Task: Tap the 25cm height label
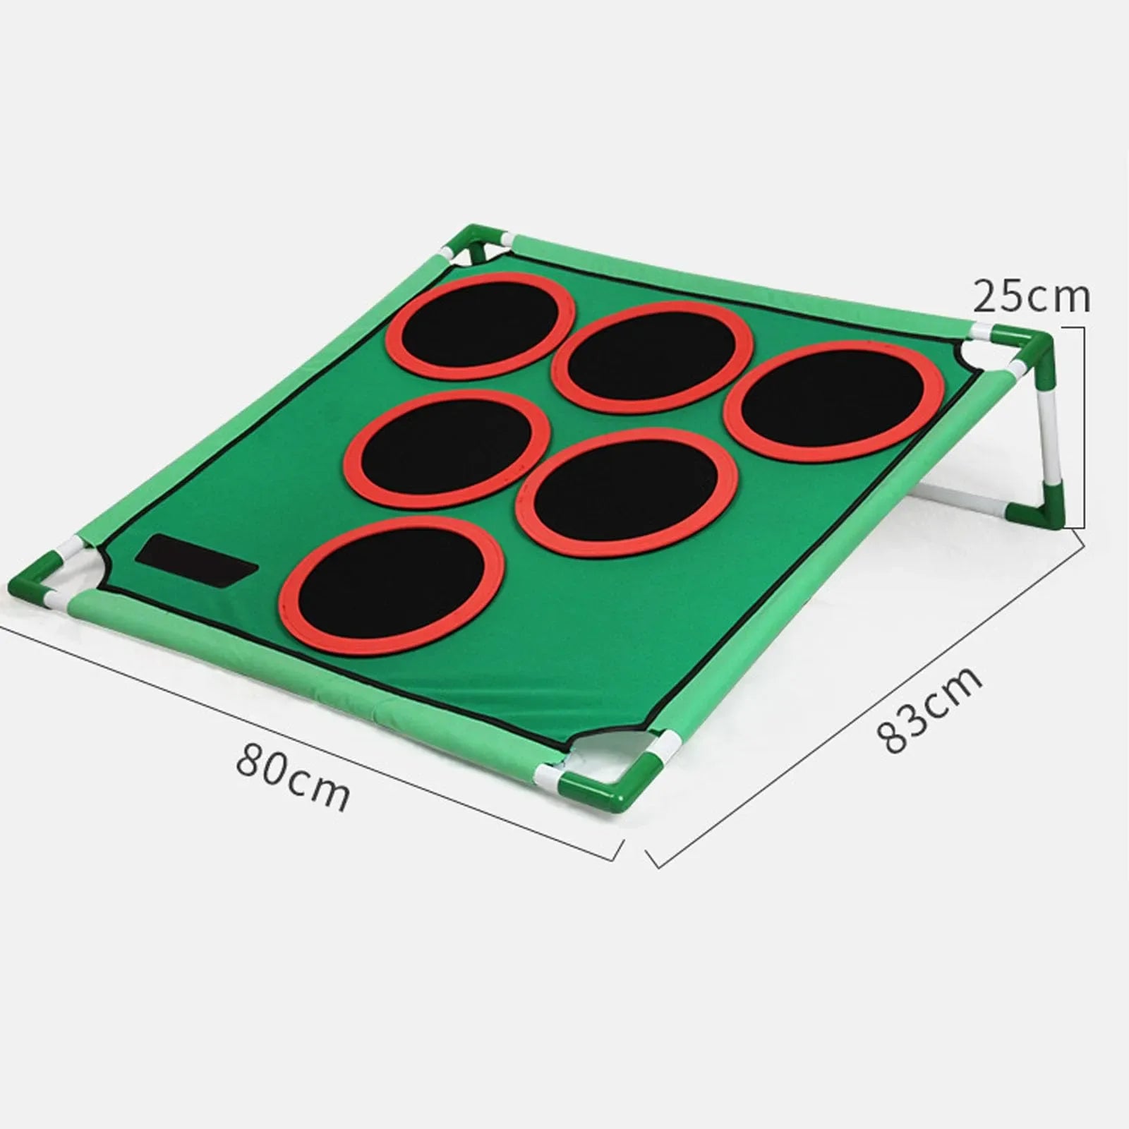1031,296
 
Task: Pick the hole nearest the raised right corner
833,400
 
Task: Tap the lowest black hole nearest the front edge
392,584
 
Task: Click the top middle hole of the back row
652,356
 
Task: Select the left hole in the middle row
448,449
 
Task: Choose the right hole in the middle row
627,492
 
